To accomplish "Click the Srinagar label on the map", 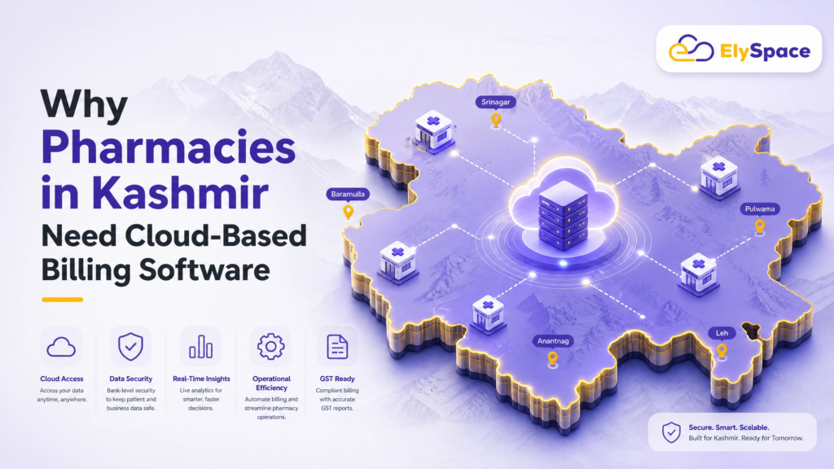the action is point(495,102).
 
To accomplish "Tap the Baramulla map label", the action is point(348,194).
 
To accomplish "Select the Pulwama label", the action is point(760,209).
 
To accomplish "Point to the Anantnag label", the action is point(553,341).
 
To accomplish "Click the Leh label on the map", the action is point(722,333).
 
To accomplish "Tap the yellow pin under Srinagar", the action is point(496,121).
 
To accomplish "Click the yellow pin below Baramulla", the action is point(348,213).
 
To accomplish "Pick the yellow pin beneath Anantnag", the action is point(553,359).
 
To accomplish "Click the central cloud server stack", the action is point(564,214).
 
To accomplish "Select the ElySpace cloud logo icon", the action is point(691,48).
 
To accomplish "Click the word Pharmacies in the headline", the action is point(168,148).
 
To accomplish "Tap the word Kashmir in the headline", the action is point(180,193).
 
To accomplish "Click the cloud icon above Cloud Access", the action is point(61,347).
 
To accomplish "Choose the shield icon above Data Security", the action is point(130,347).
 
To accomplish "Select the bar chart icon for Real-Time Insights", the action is point(200,347).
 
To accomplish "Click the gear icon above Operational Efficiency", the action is point(270,347).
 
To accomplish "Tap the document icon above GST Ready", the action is point(337,347).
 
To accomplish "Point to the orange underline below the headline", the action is point(62,300).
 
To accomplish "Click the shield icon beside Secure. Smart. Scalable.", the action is point(671,432).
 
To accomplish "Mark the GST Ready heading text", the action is point(337,379).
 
